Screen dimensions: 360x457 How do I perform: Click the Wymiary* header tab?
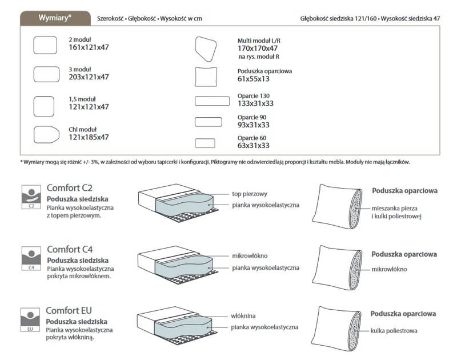point(55,18)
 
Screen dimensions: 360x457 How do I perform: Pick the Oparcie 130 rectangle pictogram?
point(212,101)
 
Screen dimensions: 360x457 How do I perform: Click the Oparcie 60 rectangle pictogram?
point(205,142)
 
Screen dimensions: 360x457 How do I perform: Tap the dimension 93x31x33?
point(253,125)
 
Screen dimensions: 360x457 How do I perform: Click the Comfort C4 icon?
point(31,258)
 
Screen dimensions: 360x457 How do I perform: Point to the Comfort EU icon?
point(31,319)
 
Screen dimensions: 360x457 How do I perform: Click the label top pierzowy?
point(251,193)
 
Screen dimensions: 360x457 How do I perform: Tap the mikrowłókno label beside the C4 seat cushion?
point(250,255)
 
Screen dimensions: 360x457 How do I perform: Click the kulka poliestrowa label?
point(394,330)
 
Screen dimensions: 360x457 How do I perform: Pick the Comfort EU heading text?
point(70,311)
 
